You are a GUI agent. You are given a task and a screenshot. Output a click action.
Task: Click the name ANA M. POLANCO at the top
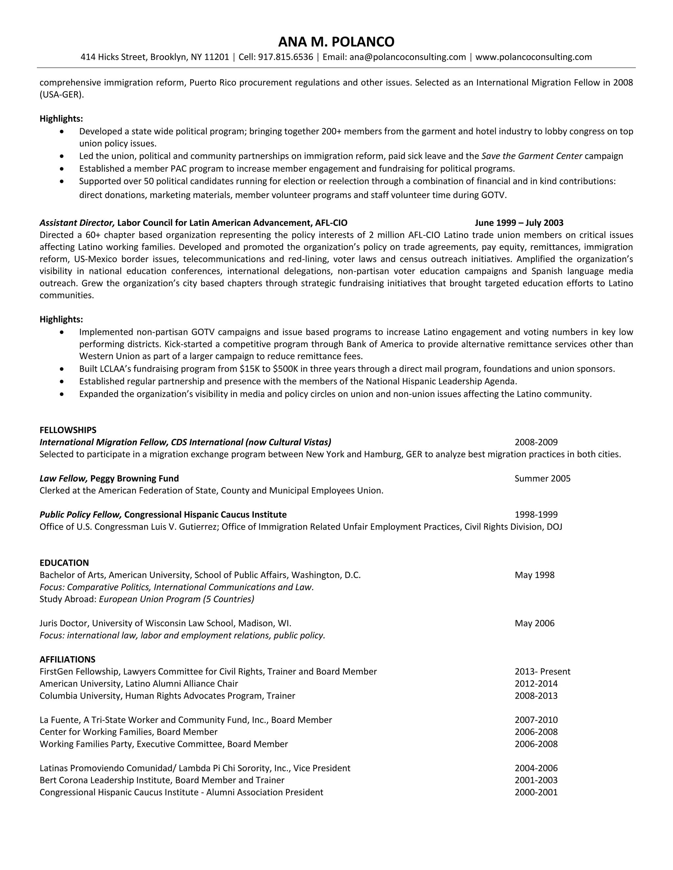click(x=336, y=41)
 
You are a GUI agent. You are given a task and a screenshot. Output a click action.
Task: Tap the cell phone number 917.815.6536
click(x=286, y=57)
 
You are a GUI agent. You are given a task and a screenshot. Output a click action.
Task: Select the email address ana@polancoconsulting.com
click(x=407, y=57)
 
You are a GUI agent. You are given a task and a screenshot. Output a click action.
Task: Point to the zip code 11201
click(x=217, y=57)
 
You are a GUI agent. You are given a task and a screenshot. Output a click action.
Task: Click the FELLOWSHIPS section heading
click(x=68, y=430)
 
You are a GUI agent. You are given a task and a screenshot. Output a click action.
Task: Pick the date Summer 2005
click(x=542, y=478)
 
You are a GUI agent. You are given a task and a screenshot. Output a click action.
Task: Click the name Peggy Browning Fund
click(x=134, y=478)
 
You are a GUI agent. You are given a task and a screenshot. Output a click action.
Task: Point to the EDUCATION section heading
click(x=64, y=562)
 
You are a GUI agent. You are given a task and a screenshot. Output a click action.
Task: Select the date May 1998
click(x=534, y=575)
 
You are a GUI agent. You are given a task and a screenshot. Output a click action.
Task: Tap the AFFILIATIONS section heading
click(x=67, y=659)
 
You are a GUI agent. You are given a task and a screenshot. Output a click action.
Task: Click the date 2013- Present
click(x=542, y=672)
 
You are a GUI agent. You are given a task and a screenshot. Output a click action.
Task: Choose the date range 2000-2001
click(x=536, y=792)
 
